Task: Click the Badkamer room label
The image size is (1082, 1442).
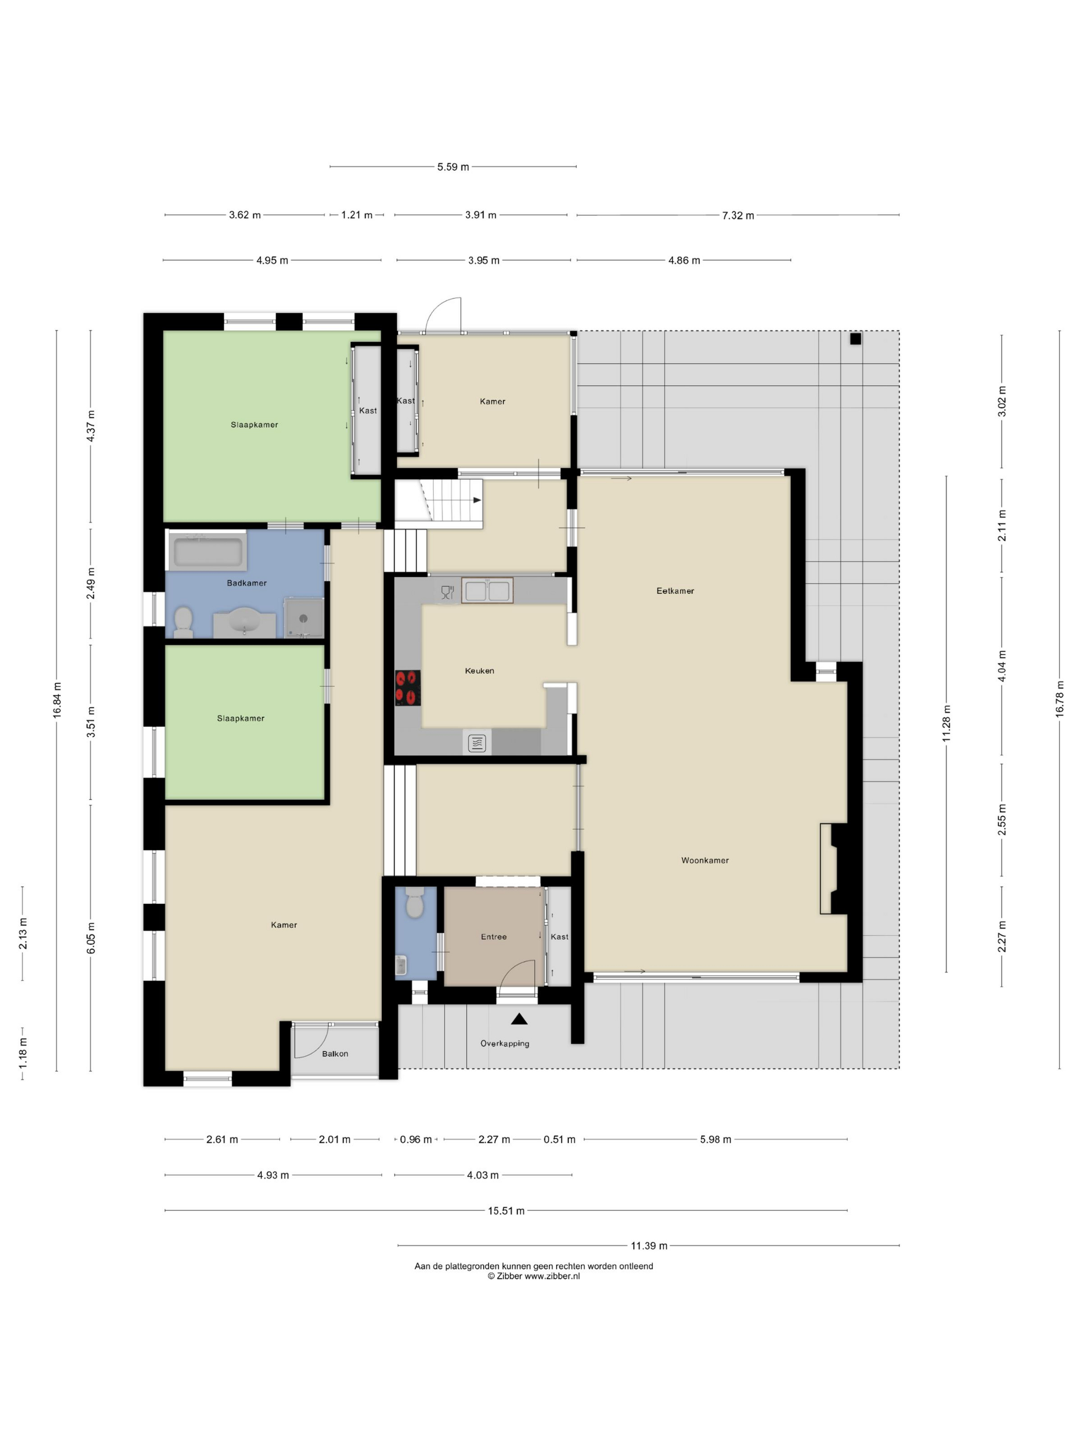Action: coord(246,583)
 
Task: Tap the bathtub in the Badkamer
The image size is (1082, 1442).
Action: coord(208,552)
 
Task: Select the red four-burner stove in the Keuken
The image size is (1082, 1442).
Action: coord(408,688)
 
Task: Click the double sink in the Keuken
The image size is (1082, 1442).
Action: coord(487,591)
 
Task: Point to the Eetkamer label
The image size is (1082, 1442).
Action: coord(675,591)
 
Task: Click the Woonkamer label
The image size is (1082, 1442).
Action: coord(705,860)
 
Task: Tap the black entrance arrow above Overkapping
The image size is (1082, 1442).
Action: coord(519,1018)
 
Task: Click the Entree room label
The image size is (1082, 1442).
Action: coord(494,937)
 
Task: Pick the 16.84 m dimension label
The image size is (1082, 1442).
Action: coord(57,700)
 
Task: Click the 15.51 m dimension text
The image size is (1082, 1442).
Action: coord(506,1211)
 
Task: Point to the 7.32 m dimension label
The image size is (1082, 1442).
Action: coord(738,215)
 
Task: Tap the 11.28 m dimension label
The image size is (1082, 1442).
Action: coord(946,723)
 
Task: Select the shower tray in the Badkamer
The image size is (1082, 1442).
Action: coord(303,617)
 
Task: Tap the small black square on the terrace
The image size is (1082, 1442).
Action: coord(856,339)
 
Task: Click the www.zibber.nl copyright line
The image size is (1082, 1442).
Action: coord(533,1276)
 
